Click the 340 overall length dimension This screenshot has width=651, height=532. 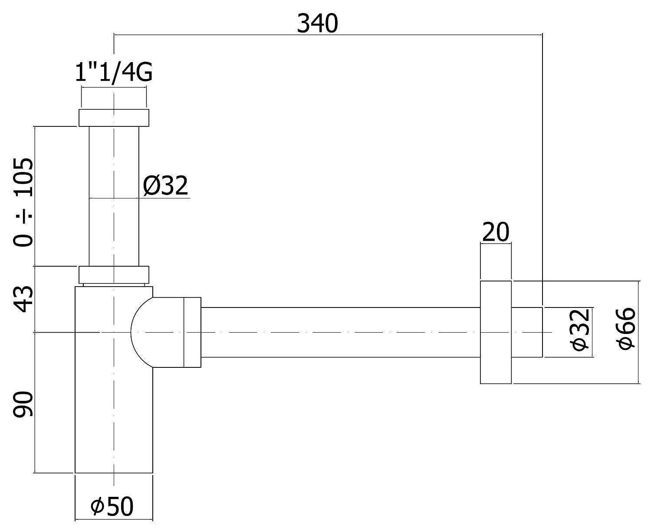[x=317, y=24]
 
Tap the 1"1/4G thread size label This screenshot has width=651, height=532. [x=114, y=73]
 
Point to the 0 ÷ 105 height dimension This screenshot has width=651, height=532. [x=23, y=202]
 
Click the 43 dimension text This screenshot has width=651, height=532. [x=23, y=299]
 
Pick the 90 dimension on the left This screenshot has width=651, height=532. [x=23, y=404]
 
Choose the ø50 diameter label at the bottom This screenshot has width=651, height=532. [x=112, y=506]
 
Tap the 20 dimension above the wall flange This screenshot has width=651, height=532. [x=496, y=232]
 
